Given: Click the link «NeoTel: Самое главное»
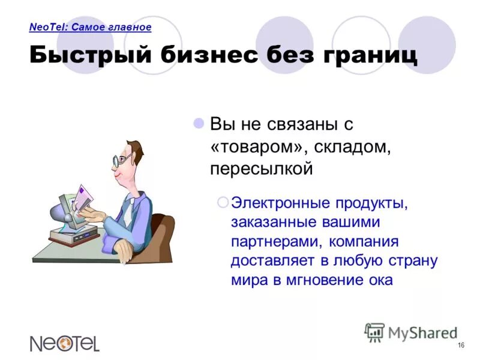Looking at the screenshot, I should [x=90, y=27].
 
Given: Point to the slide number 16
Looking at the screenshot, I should [x=461, y=344].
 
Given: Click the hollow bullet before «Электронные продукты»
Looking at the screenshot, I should [x=223, y=203].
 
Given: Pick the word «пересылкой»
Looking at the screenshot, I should [x=262, y=169].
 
